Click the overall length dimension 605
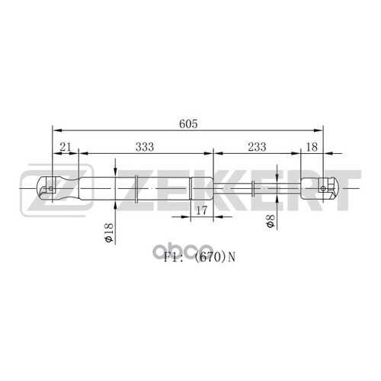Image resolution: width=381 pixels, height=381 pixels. (188, 123)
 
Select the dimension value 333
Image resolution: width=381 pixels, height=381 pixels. (145, 147)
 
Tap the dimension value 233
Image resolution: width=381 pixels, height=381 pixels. (257, 147)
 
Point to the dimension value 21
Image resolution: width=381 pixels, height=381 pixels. (65, 147)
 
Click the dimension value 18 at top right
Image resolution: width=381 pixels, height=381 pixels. (312, 147)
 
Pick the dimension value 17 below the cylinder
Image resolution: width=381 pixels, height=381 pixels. (202, 210)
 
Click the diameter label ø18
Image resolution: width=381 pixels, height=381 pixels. (109, 232)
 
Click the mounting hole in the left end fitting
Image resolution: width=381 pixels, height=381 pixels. (51, 188)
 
